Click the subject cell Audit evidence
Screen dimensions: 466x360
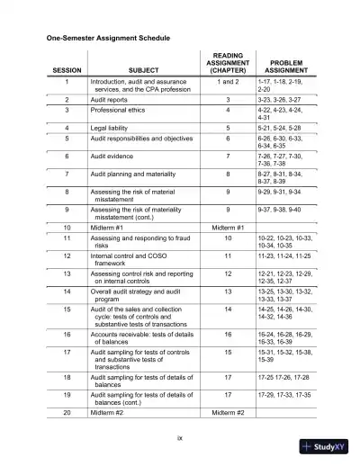point(115,156)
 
